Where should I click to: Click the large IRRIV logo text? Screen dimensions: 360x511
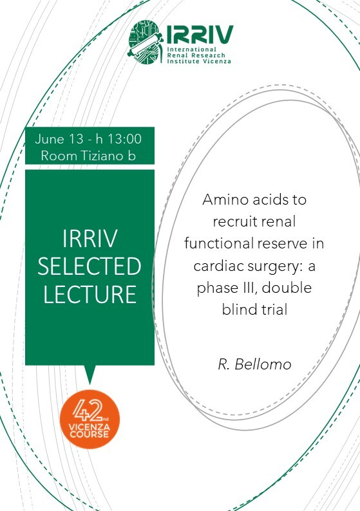[x=200, y=34]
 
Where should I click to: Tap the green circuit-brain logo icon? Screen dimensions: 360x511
[x=146, y=42]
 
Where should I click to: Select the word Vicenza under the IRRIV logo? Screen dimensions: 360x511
[x=217, y=61]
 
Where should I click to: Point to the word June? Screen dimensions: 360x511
[x=50, y=139]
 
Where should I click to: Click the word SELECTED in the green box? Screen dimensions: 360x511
[x=90, y=266]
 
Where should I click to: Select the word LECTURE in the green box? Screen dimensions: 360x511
[x=90, y=294]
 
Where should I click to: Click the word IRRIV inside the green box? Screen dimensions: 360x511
[x=90, y=238]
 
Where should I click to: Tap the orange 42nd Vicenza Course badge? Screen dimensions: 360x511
[x=90, y=419]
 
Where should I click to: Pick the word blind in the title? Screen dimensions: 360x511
[x=237, y=310]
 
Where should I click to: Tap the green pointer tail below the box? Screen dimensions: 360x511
[x=90, y=375]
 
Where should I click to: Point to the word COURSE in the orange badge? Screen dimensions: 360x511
[x=90, y=434]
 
